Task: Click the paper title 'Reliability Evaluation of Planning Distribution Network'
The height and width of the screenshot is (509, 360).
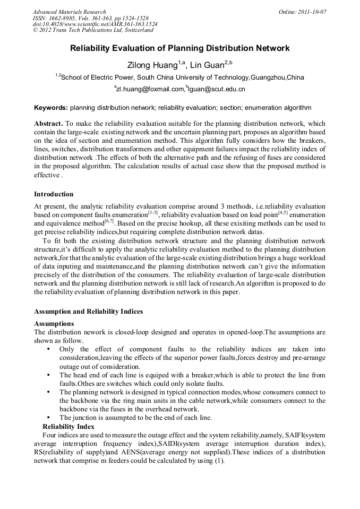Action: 180,48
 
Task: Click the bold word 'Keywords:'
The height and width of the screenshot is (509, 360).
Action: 51,107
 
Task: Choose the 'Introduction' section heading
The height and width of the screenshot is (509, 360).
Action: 54,194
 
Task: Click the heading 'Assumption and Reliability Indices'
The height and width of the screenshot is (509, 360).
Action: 88,311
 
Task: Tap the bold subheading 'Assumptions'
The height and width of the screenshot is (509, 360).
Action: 54,323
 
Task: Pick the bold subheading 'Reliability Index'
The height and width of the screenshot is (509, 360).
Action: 68,426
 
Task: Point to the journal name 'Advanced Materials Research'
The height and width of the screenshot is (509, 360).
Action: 69,12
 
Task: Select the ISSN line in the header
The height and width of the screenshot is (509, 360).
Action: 90,18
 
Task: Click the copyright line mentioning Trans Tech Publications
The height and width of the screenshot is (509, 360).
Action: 93,30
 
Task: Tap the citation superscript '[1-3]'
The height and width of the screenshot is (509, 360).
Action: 152,212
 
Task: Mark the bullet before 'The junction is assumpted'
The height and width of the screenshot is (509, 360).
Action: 49,418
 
